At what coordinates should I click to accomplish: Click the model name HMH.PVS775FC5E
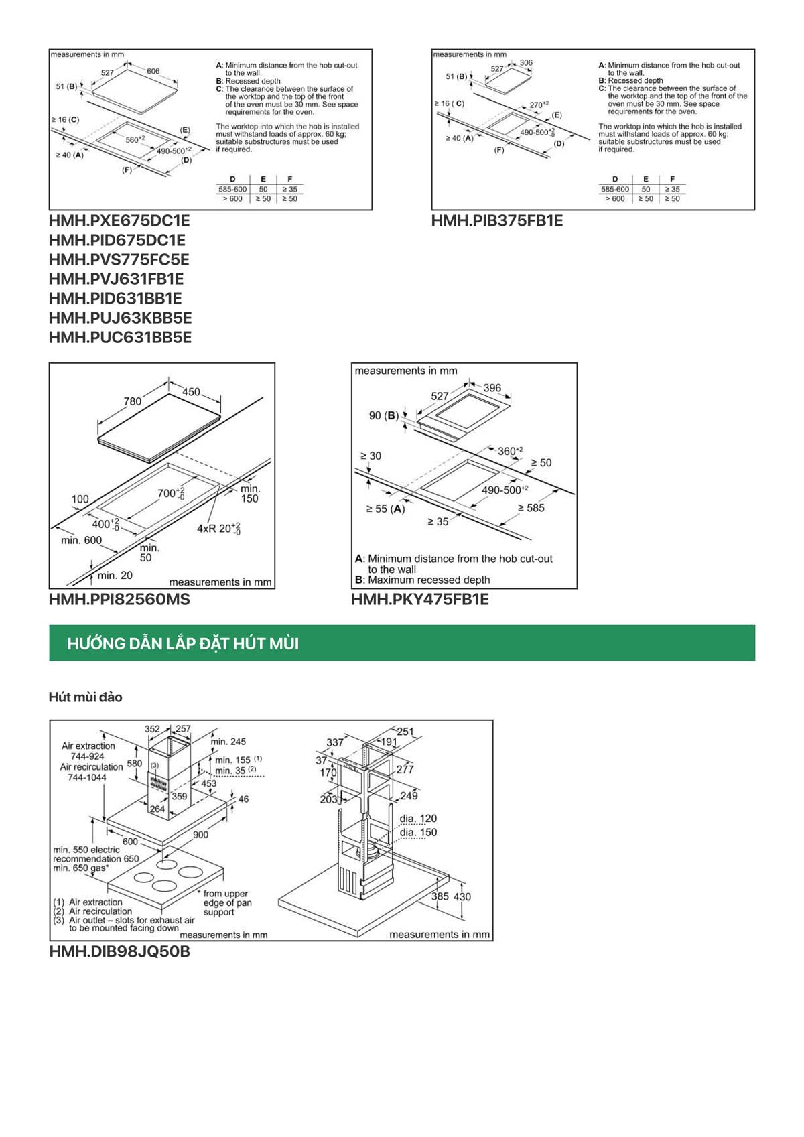[119, 259]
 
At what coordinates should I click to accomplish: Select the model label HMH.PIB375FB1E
[496, 220]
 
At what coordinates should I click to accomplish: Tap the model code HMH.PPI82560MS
[119, 599]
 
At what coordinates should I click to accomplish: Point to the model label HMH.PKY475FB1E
[419, 599]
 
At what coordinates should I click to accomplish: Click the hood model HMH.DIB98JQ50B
[119, 951]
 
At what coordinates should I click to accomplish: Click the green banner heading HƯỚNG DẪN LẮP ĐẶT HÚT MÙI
[183, 643]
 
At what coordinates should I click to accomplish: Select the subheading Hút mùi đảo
[85, 697]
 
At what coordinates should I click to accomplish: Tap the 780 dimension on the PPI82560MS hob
[132, 401]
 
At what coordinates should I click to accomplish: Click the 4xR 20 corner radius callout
[218, 528]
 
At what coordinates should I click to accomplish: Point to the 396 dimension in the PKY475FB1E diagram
[492, 388]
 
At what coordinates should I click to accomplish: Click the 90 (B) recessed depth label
[383, 415]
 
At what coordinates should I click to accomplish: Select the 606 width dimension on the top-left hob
[153, 71]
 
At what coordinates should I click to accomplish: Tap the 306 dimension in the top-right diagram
[526, 62]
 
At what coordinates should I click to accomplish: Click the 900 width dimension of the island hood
[200, 834]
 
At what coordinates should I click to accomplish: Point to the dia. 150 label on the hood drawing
[418, 832]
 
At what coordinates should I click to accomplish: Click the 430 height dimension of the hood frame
[462, 896]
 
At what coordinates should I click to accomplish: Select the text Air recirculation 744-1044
[91, 772]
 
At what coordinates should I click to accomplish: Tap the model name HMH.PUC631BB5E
[120, 337]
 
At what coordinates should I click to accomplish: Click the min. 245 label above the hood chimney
[228, 742]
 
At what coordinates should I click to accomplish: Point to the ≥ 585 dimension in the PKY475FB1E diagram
[531, 508]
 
